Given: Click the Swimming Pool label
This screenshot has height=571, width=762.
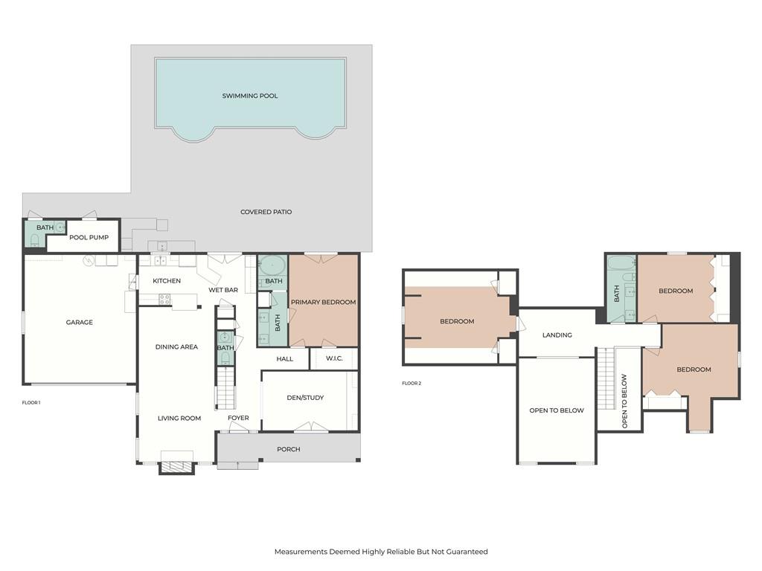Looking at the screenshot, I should pyautogui.click(x=250, y=96).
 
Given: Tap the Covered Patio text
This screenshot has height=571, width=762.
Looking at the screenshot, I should pyautogui.click(x=266, y=212).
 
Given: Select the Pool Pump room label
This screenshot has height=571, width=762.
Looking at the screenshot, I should pyautogui.click(x=89, y=238).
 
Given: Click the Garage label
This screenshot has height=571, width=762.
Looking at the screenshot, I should pyautogui.click(x=80, y=323).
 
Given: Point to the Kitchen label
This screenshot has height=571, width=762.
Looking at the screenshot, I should pyautogui.click(x=167, y=281).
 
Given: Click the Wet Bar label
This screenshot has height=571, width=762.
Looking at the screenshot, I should pyautogui.click(x=223, y=290).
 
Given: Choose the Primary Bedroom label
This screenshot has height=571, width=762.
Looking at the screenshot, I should pyautogui.click(x=323, y=303).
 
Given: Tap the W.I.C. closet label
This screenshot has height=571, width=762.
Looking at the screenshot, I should pyautogui.click(x=333, y=359).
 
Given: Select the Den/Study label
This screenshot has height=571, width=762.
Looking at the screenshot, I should pyautogui.click(x=305, y=398).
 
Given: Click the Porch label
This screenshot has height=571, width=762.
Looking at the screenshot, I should pyautogui.click(x=289, y=449).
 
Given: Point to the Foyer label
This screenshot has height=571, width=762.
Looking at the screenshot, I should pyautogui.click(x=238, y=418).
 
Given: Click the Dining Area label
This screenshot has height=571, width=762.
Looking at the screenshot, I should pyautogui.click(x=176, y=347).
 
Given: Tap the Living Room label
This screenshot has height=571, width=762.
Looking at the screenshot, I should pyautogui.click(x=179, y=418).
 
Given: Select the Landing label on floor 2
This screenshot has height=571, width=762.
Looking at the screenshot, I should pyautogui.click(x=557, y=335).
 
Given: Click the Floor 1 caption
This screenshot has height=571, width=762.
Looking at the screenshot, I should pyautogui.click(x=31, y=402).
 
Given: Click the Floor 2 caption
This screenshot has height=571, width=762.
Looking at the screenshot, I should pyautogui.click(x=412, y=384).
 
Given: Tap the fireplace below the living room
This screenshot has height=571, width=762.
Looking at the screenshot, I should pyautogui.click(x=176, y=467).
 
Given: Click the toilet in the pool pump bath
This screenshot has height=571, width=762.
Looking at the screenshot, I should pyautogui.click(x=34, y=240).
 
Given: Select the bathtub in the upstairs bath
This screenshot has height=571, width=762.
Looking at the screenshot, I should pyautogui.click(x=621, y=262).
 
